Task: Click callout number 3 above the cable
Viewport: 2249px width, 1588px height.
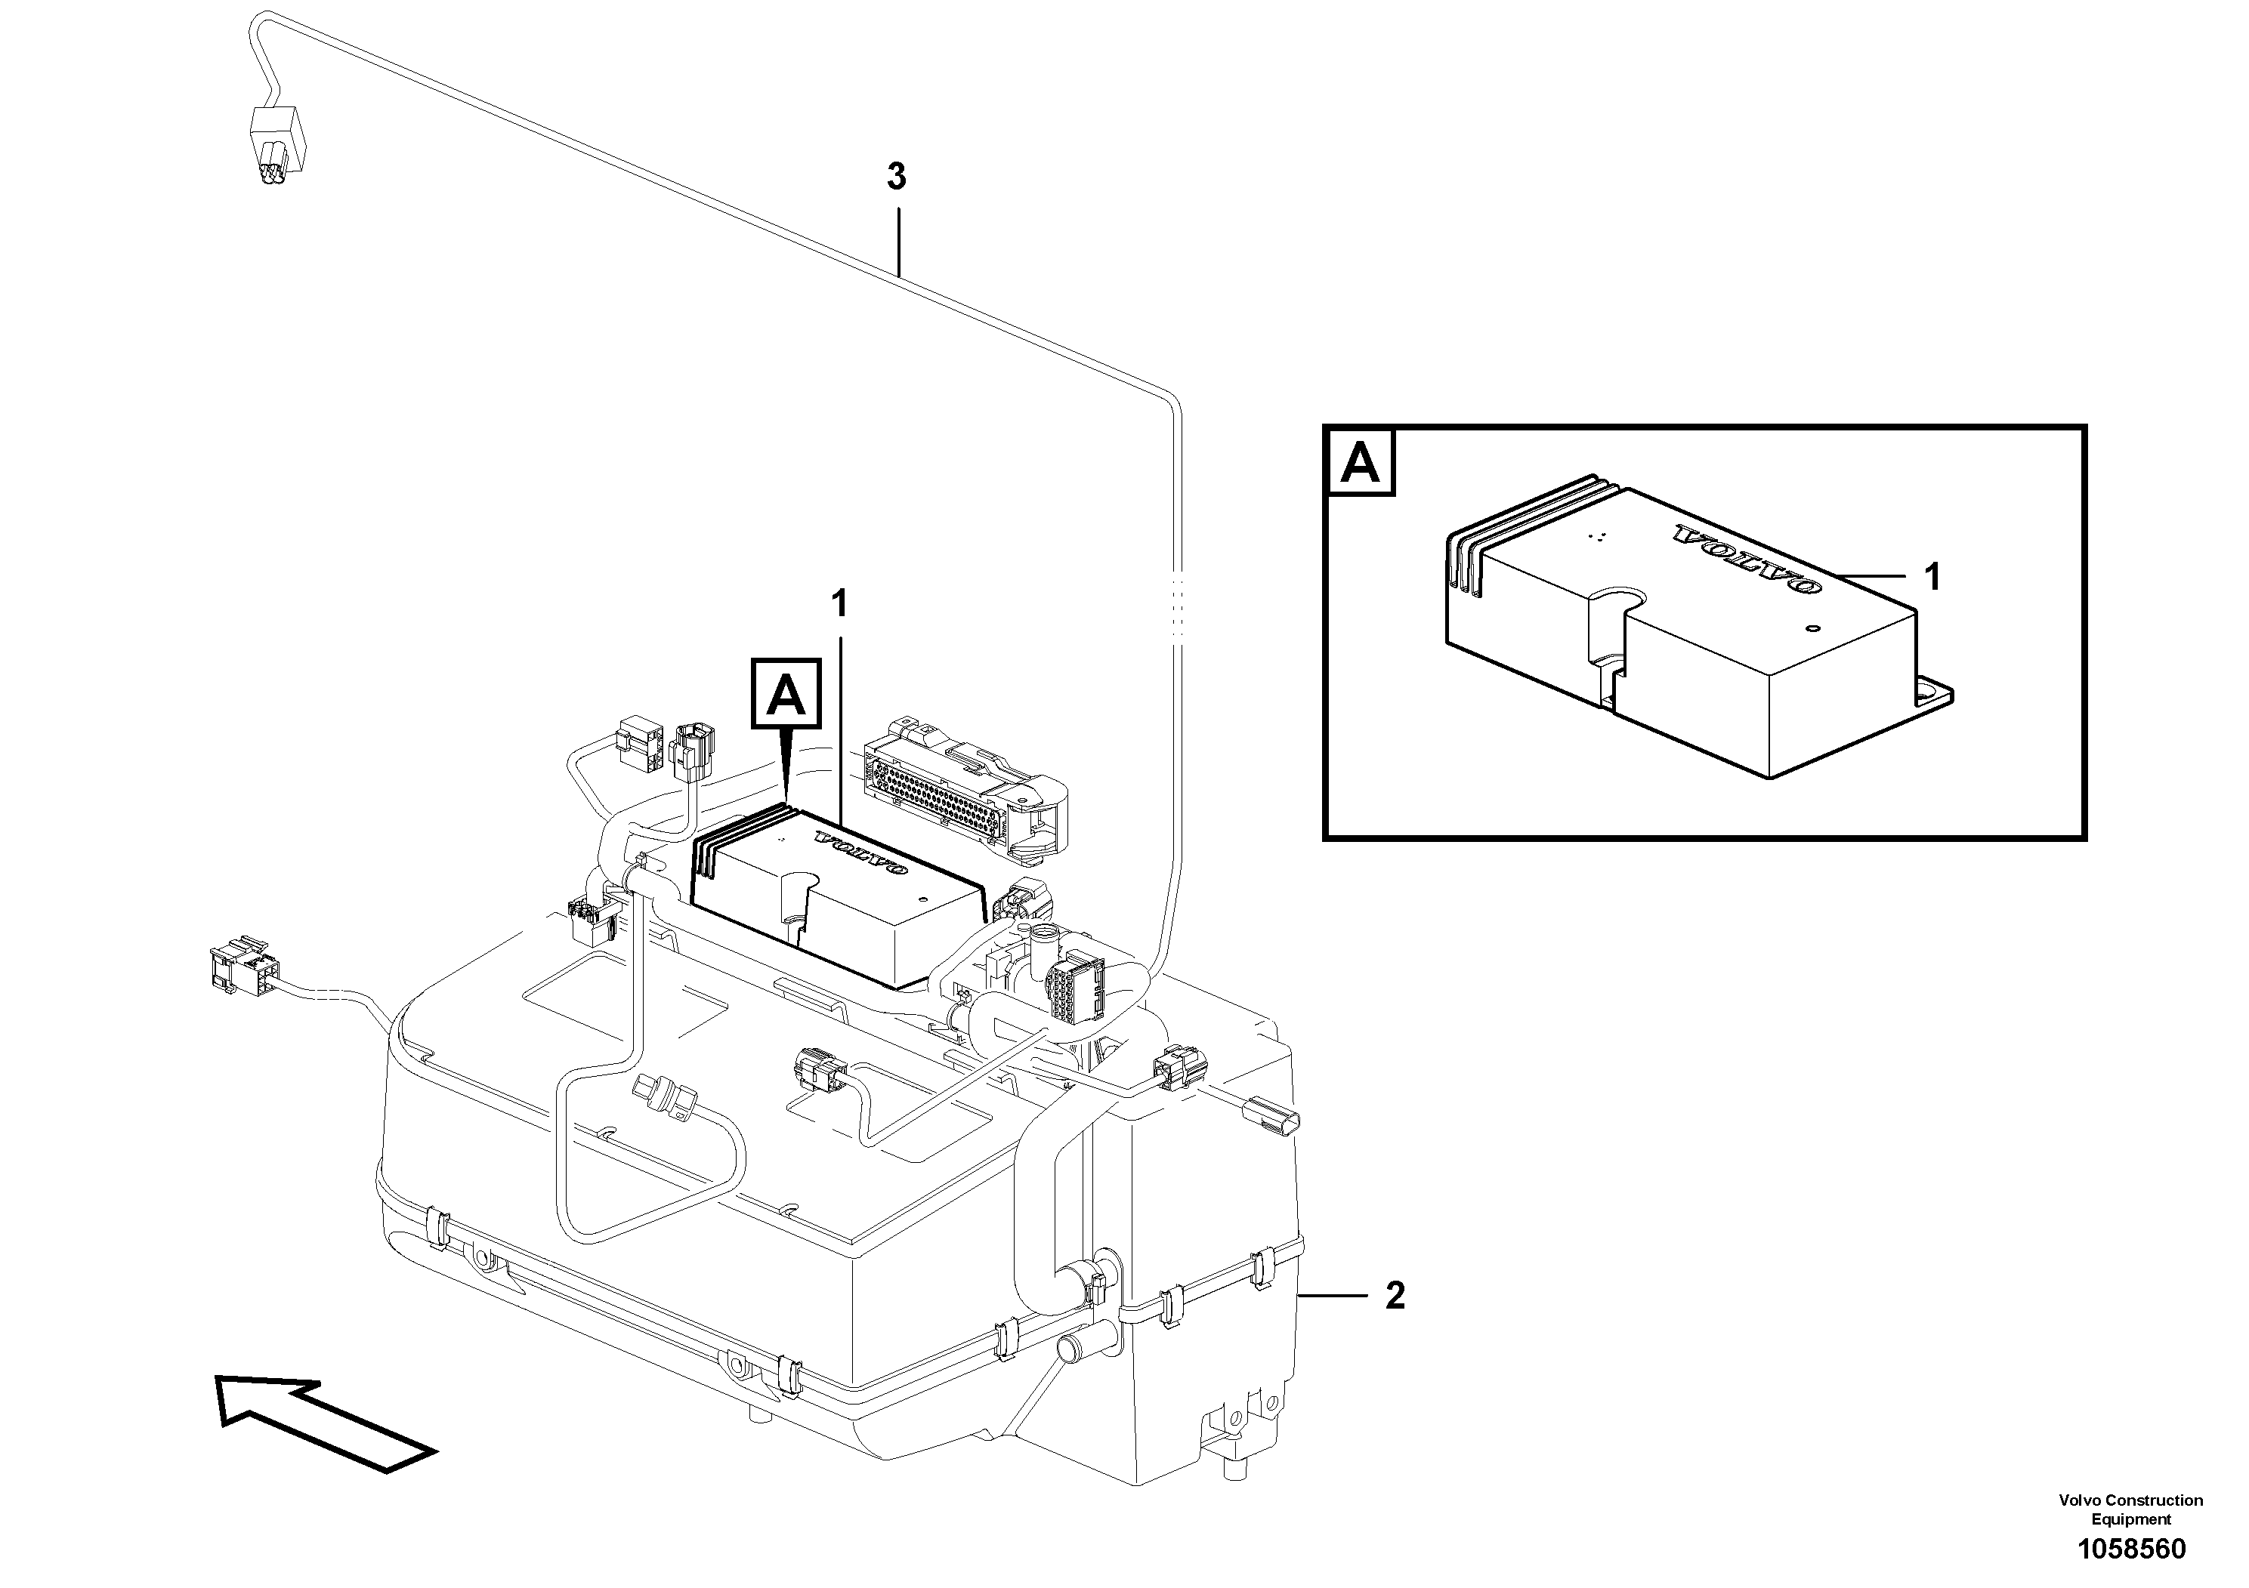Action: (x=895, y=178)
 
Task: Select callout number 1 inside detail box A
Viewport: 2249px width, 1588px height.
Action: (x=1932, y=578)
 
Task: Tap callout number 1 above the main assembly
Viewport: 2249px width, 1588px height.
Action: (x=839, y=604)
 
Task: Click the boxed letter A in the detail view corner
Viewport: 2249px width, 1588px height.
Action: (x=1360, y=463)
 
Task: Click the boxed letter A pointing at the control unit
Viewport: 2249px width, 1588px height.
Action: (x=786, y=694)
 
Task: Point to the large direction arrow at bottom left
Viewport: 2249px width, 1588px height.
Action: (x=323, y=1420)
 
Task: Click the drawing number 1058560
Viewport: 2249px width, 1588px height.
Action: (x=2131, y=1548)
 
